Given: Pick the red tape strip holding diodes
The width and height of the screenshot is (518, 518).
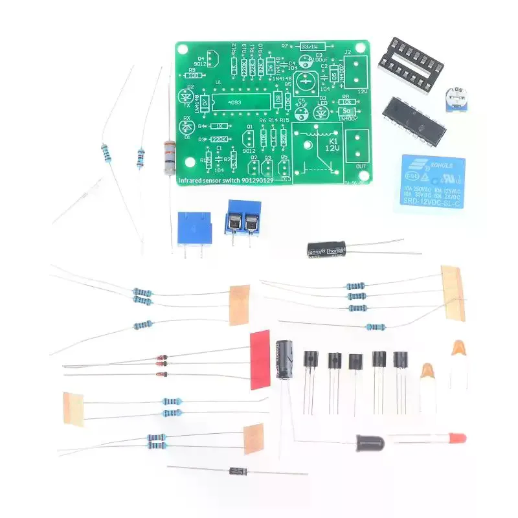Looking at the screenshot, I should click(259, 359).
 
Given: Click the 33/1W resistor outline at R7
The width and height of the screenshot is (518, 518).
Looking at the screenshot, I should click(314, 46).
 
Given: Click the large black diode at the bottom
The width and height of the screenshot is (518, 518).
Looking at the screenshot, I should click(236, 471).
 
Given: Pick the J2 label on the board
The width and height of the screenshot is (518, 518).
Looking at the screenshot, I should click(347, 52).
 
